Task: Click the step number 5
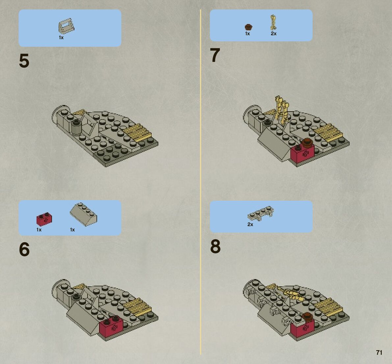tap(24, 61)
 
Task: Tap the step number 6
tap(24, 249)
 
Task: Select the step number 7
tap(215, 55)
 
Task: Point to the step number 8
tap(215, 246)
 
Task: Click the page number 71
tap(379, 352)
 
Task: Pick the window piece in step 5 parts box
tap(66, 26)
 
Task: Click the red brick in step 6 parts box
tap(44, 219)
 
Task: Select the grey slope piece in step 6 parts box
tap(83, 214)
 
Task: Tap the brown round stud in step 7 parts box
tap(248, 27)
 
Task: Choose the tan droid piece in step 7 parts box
tap(273, 23)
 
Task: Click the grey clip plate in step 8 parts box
tap(260, 213)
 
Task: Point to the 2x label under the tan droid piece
tap(274, 34)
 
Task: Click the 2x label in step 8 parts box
tap(250, 224)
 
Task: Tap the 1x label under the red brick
tap(39, 229)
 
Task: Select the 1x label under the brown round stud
tap(248, 34)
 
